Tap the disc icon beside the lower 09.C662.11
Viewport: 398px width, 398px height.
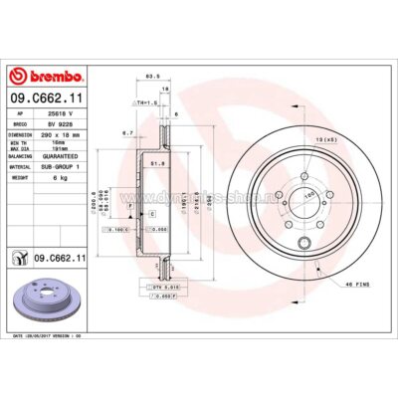click(x=20, y=259)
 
